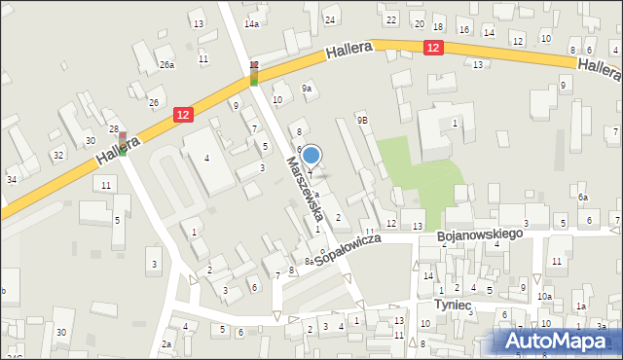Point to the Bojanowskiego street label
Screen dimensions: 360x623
click(480, 235)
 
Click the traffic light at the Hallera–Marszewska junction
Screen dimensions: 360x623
click(254, 73)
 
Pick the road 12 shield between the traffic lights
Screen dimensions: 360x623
click(182, 115)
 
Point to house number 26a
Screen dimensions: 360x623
click(167, 65)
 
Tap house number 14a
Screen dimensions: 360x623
click(252, 23)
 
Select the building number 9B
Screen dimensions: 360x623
click(362, 120)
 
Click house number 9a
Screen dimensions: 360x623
click(307, 89)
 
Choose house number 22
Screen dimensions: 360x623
click(391, 19)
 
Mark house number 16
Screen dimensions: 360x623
click(463, 30)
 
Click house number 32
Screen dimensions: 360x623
click(58, 155)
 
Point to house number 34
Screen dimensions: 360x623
click(12, 179)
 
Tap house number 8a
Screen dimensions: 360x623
click(309, 261)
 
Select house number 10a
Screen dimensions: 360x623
click(545, 296)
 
